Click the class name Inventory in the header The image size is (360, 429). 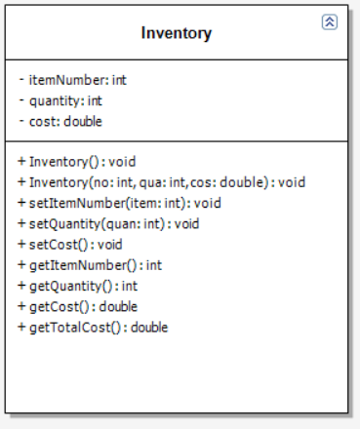pyautogui.click(x=176, y=33)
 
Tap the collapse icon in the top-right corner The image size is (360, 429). pyautogui.click(x=329, y=21)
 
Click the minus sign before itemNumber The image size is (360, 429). pyautogui.click(x=21, y=80)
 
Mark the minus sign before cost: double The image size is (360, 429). pyautogui.click(x=21, y=121)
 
